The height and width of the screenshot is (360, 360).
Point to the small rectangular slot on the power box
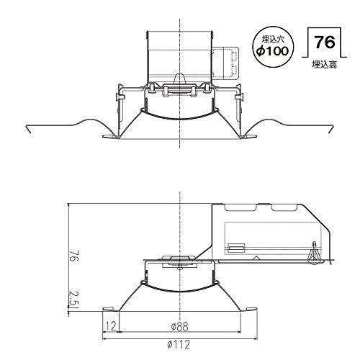(x=235, y=248)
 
